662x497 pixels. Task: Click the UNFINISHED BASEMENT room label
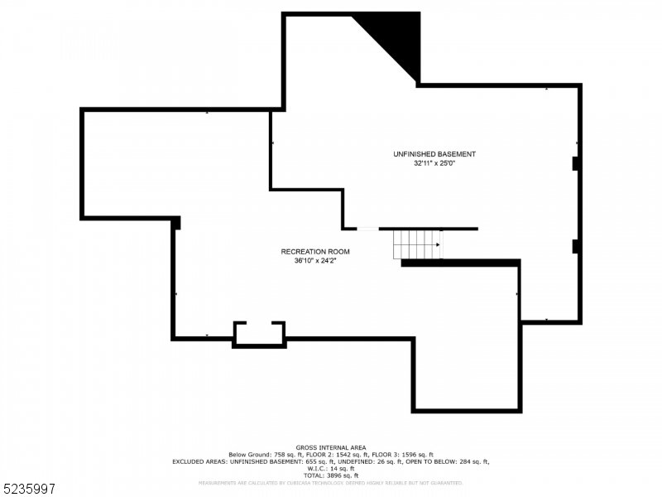(x=434, y=154)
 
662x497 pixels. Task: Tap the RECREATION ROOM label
(x=315, y=252)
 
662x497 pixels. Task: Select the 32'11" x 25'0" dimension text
(x=434, y=163)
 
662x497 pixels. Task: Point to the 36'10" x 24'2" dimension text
(x=315, y=261)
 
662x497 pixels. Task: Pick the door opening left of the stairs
(x=367, y=229)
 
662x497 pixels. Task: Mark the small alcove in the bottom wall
(x=259, y=333)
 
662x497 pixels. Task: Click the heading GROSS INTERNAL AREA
(x=331, y=447)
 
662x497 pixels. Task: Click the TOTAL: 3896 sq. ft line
(x=331, y=475)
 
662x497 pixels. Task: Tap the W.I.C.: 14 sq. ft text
(x=331, y=469)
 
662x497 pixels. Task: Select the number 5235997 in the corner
(x=28, y=490)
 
